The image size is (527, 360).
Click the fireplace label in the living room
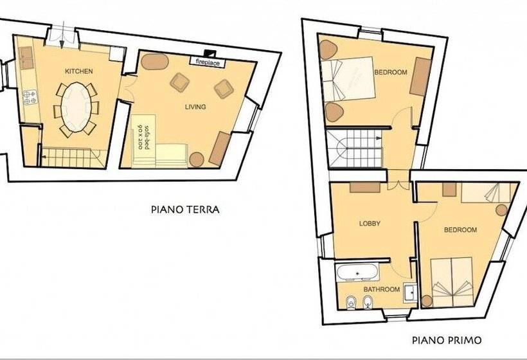coord(208,62)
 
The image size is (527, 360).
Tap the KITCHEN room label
coord(78,71)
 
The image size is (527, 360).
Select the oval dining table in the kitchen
coord(76,107)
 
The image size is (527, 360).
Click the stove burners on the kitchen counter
coord(30,97)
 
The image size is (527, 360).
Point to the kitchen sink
coord(26,58)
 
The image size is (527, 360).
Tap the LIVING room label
coord(195,107)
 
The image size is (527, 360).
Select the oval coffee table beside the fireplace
coord(155,62)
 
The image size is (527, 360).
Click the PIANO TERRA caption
coord(185,210)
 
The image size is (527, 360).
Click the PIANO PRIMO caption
coord(447,340)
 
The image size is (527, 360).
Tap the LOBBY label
coord(370,223)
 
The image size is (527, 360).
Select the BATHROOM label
coord(382,289)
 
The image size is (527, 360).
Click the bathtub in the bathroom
coord(357,273)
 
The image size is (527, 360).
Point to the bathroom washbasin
coord(410,293)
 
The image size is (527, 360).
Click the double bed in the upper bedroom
coord(348,79)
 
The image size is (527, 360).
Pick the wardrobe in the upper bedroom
coord(420,77)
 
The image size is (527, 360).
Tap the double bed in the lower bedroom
coord(452,282)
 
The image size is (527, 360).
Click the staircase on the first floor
coord(354,148)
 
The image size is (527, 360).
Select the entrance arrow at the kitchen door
coord(62,38)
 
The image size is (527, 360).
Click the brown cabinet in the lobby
coord(365,187)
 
